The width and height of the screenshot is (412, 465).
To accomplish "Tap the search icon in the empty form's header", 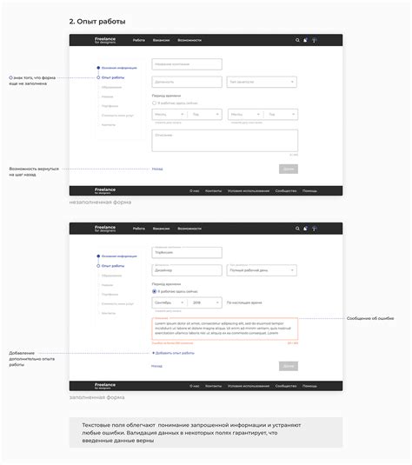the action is [297, 40].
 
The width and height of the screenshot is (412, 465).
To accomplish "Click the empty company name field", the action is [186, 63].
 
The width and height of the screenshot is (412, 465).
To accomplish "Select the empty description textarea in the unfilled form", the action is [224, 141].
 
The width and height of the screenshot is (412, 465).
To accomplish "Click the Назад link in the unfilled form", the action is [157, 169].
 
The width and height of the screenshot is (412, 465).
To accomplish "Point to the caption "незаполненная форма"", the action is [100, 203].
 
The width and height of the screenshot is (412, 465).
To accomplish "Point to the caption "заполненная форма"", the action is [97, 396].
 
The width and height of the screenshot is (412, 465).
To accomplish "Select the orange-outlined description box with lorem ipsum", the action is [224, 328].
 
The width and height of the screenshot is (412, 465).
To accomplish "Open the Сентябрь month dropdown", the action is [168, 302].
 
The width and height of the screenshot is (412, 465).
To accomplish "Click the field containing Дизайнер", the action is [186, 271].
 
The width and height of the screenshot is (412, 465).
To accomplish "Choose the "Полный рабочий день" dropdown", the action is [262, 271].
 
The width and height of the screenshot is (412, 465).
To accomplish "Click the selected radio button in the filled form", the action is [154, 291].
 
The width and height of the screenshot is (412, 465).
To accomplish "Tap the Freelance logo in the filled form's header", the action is [105, 228].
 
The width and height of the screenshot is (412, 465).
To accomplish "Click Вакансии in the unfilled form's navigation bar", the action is [161, 40].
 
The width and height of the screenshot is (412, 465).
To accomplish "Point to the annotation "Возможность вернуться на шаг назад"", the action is [35, 170].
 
